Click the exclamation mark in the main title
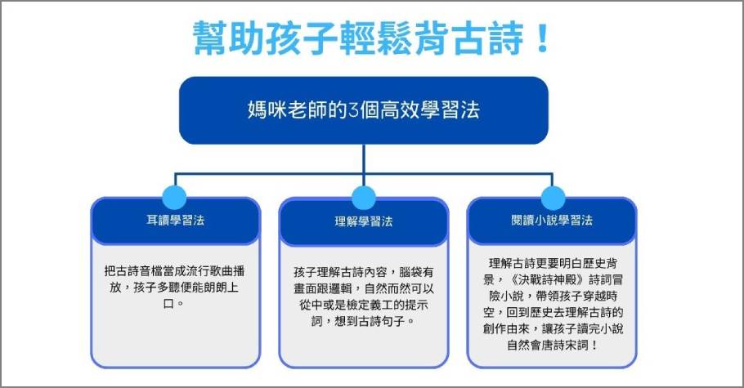[541, 38]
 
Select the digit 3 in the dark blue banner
[353, 110]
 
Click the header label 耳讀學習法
[176, 220]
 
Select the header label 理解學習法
[364, 221]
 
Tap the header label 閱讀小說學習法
[552, 220]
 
